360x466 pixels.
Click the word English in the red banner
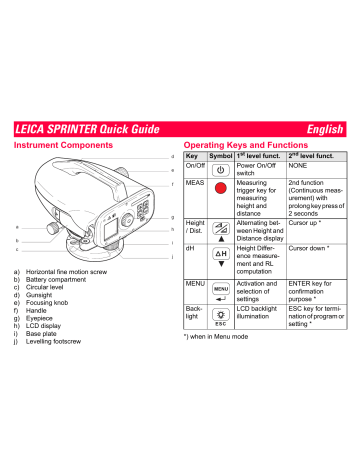[x=322, y=129]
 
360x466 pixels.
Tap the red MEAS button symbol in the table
[x=221, y=190]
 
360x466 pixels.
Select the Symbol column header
[x=221, y=157]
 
